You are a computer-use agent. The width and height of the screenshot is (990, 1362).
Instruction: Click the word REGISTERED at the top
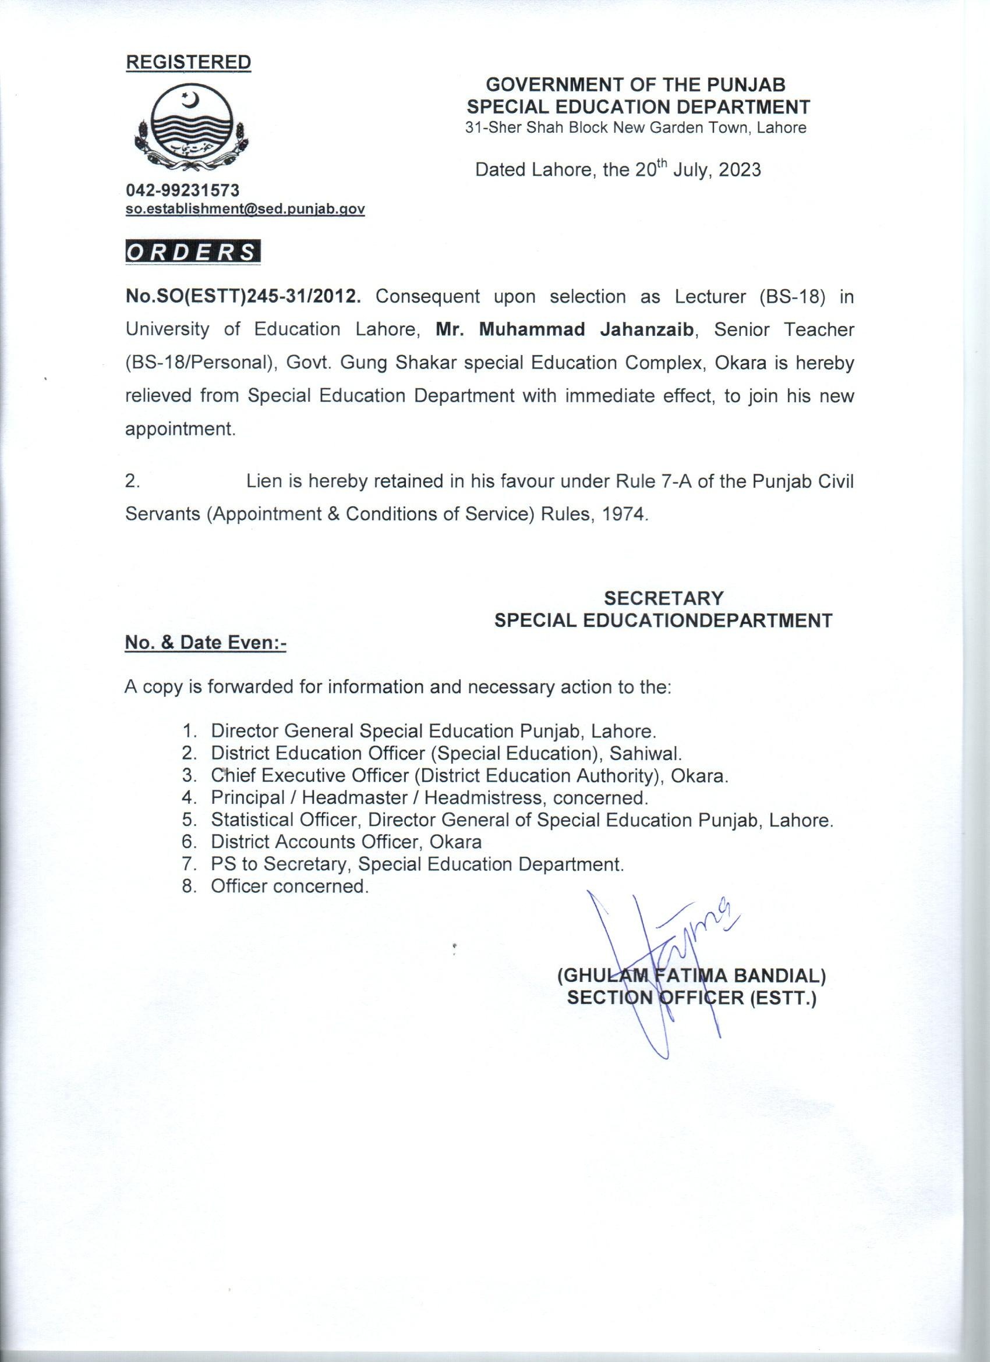pos(188,62)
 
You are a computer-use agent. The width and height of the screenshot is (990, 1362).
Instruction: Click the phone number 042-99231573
pos(183,190)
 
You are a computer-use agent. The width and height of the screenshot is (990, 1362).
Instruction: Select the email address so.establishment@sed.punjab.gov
pos(245,209)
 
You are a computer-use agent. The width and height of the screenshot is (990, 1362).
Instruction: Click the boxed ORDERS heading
pos(192,252)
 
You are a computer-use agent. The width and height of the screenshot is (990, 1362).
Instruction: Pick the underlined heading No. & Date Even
pos(206,643)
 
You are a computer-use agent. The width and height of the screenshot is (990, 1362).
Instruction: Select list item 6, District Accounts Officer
pos(345,842)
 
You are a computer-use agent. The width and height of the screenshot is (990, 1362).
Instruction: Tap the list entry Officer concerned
pos(289,886)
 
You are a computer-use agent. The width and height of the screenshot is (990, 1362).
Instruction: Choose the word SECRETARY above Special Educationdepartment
pos(664,598)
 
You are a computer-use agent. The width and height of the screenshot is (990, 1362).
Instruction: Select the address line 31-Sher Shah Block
pos(637,128)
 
